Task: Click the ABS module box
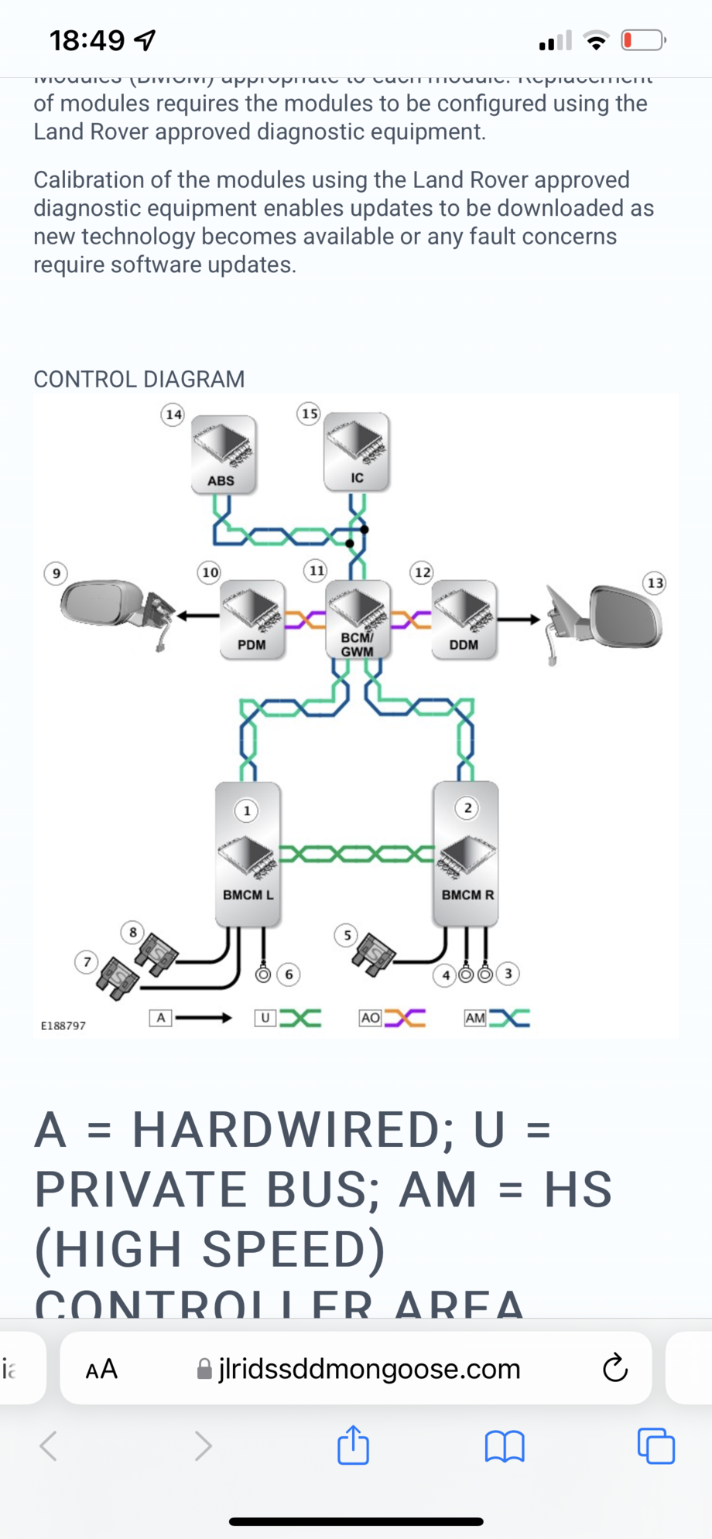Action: coord(224,454)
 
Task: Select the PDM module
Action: coord(252,619)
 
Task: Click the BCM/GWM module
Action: coord(358,619)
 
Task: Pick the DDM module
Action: coord(464,619)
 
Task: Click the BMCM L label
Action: coord(248,895)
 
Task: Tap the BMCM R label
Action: coord(467,895)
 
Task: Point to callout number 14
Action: coord(173,415)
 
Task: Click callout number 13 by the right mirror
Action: coord(655,582)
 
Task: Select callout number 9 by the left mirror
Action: coord(55,574)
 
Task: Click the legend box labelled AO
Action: coord(371,1018)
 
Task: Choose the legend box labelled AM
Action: coord(474,1018)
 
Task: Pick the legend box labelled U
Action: coord(265,1018)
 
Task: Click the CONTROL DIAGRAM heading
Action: coord(139,379)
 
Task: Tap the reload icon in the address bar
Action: coord(615,1368)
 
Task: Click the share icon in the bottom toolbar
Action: coord(354,1445)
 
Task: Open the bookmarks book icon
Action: coord(505,1445)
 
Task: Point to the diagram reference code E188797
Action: coord(63,1025)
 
